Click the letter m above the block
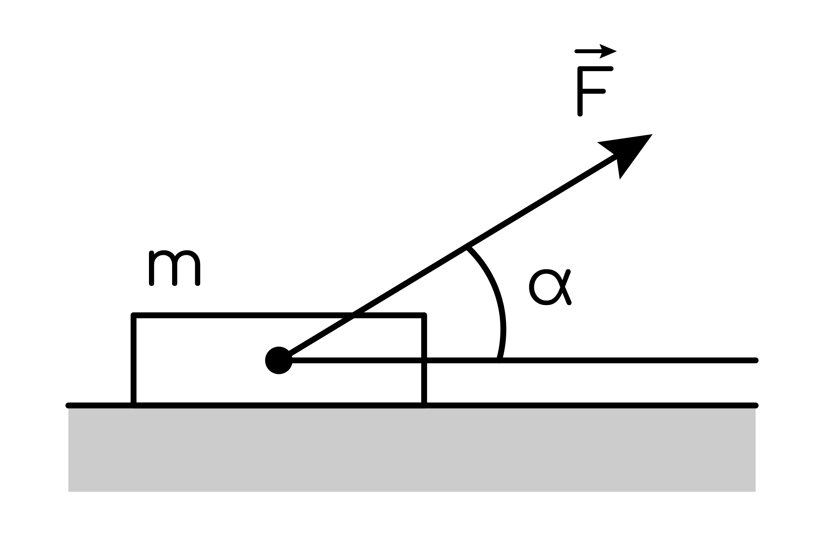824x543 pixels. (174, 268)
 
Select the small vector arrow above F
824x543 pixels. (596, 51)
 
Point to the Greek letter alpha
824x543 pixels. (550, 287)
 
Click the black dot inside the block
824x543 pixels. (279, 360)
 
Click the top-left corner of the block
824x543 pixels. (134, 315)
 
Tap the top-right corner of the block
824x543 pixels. (424, 315)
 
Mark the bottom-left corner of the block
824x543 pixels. (134, 405)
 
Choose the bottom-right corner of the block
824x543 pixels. (424, 405)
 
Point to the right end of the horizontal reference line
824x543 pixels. (756, 360)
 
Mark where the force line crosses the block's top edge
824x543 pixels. (353, 315)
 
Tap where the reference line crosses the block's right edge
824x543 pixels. (424, 360)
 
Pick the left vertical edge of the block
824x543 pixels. (134, 360)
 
